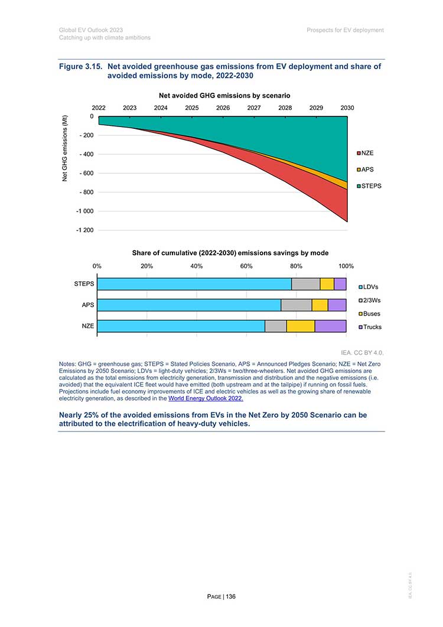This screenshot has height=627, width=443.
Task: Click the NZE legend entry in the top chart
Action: click(366, 153)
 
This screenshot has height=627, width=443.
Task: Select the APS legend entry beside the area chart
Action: click(366, 170)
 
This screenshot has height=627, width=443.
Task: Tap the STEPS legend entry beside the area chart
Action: click(369, 186)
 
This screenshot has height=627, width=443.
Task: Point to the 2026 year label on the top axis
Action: click(223, 108)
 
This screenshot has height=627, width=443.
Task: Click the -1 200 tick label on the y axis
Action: click(85, 230)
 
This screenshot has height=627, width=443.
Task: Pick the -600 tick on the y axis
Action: click(86, 174)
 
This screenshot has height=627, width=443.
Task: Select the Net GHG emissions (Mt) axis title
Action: click(65, 148)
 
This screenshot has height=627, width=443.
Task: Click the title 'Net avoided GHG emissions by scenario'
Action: click(224, 96)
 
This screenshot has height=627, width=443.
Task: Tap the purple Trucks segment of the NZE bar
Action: click(330, 326)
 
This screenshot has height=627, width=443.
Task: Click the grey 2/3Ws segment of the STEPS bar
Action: click(306, 284)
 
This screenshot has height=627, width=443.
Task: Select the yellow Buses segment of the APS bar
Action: click(320, 305)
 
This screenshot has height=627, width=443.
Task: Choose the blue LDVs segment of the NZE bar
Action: click(181, 326)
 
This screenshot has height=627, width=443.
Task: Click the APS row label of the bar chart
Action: click(88, 305)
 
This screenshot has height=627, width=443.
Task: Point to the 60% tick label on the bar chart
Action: click(246, 267)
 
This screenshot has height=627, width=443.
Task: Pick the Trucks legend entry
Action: click(370, 327)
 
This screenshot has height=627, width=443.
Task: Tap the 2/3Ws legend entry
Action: click(370, 300)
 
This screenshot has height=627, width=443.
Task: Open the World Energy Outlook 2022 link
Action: click(206, 399)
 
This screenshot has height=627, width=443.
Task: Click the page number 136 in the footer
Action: click(231, 597)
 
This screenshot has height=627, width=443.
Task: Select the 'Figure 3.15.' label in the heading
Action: click(81, 66)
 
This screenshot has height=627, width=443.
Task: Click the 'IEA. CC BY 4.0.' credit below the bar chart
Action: click(362, 353)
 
